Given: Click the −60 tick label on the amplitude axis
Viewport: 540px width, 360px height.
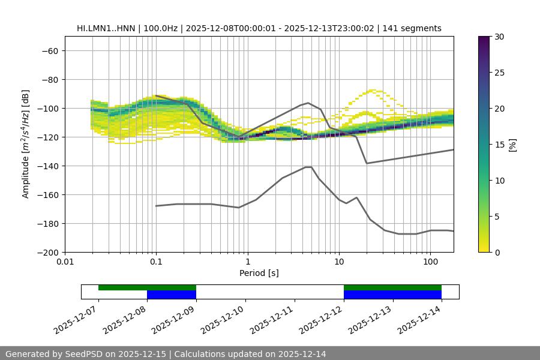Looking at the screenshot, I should click(x=49, y=50).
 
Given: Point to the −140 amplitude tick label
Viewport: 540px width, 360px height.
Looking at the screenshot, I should click(x=47, y=166).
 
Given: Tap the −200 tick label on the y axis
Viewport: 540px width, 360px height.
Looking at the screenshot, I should click(x=47, y=252).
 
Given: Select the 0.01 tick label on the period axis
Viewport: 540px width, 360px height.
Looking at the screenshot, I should click(x=65, y=262).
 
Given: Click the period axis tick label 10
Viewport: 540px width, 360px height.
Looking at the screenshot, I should click(x=338, y=262).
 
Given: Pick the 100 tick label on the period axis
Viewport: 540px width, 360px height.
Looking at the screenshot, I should click(x=430, y=262).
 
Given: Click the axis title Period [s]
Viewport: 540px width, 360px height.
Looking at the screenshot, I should click(x=259, y=273).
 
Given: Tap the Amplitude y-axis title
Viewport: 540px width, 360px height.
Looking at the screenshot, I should click(x=26, y=144).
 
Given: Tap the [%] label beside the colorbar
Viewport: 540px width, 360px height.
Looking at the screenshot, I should click(x=512, y=145).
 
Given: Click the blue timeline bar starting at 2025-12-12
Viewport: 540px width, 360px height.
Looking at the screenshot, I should click(x=392, y=295).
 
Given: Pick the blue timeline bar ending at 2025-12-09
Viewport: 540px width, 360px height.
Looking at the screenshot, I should click(x=172, y=295).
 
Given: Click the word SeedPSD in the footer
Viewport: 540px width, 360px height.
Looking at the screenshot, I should click(x=86, y=354).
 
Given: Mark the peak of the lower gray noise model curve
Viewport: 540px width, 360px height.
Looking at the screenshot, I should click(x=308, y=167).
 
